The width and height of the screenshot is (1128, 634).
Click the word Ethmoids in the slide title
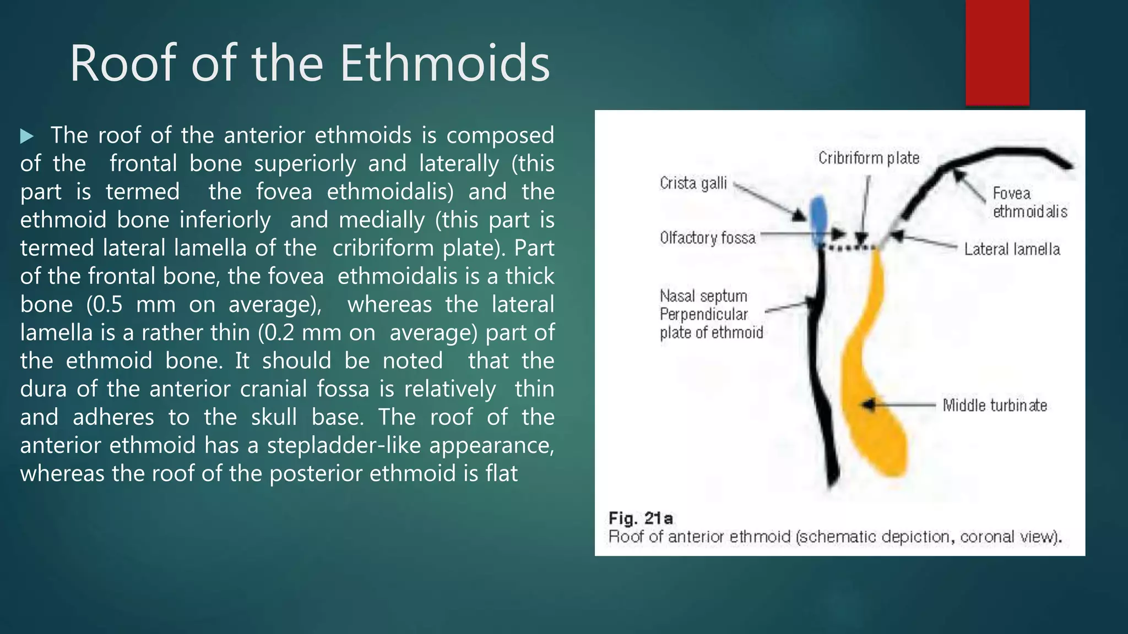444,64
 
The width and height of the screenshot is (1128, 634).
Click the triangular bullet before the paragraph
27,136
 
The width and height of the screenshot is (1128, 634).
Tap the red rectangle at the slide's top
997,52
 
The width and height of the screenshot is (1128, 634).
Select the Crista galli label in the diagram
693,183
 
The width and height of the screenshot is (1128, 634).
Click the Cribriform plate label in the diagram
869,158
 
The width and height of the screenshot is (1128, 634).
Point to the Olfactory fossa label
707,238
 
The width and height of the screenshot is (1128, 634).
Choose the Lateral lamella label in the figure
1012,249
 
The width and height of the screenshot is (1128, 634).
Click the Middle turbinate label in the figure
994,406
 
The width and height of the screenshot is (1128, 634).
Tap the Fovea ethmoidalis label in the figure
1029,203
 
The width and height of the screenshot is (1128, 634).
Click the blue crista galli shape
819,220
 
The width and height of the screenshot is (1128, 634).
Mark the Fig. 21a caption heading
640,518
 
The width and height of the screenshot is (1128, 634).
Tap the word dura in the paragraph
42,389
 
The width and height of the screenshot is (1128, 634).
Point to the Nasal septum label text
703,296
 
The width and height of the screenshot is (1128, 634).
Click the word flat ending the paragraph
501,473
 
